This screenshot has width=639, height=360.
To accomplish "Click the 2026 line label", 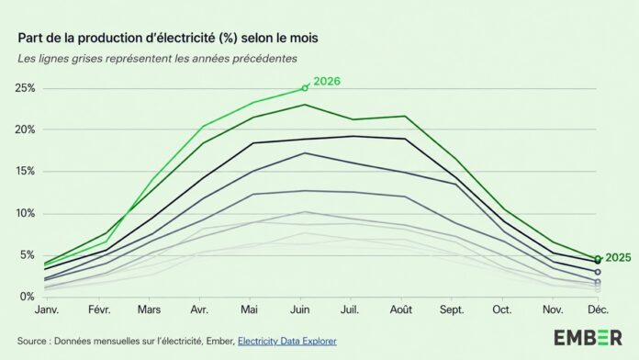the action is coord(327,82).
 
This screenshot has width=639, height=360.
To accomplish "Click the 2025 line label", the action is coord(618,258).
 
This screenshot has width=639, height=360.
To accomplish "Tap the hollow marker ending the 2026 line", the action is coord(305,88).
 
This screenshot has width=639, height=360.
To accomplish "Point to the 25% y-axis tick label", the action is coord(25,88).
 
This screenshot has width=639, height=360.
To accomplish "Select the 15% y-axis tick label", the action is coord(25,171).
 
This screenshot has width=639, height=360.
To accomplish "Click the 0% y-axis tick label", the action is coord(27,297).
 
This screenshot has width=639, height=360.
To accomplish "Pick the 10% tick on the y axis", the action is coord(25,213).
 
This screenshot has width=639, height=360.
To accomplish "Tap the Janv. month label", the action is coord(47,309).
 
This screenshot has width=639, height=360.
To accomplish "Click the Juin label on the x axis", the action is coord(299,309).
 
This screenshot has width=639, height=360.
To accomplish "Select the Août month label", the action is coord(401,309).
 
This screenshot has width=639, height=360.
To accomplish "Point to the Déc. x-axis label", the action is coord(598,309).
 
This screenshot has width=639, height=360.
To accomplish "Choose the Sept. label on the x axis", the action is coord(452,309).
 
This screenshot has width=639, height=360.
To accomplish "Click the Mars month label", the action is coord(149,309).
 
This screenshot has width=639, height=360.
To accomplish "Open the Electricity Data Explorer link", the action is coord(287,341).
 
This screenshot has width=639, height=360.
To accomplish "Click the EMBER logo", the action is coord(588,338).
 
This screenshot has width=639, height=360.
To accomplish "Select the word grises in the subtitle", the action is coord(86,59).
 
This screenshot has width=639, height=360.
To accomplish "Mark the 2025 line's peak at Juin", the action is coord(305,105).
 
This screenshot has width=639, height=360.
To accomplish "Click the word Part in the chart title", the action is coord(28,38).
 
